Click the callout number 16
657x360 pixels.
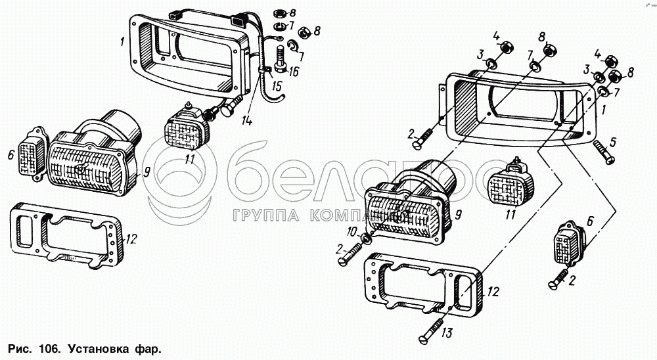293,72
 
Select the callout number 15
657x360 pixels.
277,86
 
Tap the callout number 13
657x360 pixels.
447,333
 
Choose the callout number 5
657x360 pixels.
613,142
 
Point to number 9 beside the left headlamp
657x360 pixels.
146,173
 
